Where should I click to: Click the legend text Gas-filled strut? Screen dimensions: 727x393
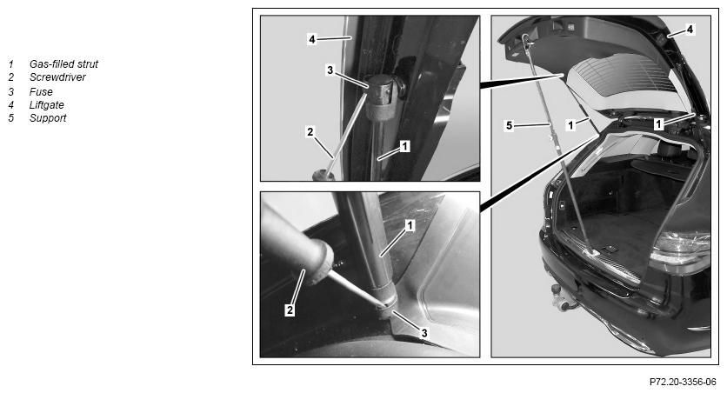click(x=63, y=64)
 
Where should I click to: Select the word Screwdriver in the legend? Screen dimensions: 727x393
click(x=57, y=77)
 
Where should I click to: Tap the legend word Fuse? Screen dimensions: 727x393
click(x=41, y=92)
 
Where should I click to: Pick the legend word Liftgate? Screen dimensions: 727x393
click(x=46, y=104)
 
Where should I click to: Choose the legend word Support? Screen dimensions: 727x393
click(x=48, y=117)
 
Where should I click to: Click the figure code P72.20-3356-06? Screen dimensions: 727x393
click(x=683, y=382)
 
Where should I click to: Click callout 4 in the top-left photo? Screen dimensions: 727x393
click(x=312, y=39)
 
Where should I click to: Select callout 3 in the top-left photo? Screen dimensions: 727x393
click(x=330, y=70)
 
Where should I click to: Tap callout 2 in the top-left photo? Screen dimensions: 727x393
click(x=310, y=132)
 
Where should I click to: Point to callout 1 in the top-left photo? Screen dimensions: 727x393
click(x=404, y=146)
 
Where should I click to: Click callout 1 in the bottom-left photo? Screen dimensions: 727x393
click(x=410, y=226)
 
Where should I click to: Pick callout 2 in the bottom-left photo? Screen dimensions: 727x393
click(x=290, y=310)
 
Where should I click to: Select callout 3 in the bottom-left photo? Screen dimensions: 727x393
click(x=424, y=333)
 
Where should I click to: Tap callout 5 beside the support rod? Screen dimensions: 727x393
click(x=510, y=125)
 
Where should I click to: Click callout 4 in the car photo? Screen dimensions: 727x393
click(x=690, y=30)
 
